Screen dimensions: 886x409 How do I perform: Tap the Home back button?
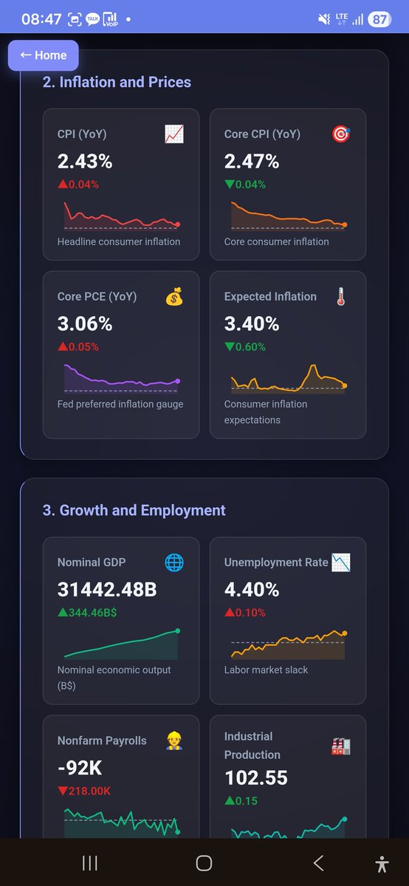43,55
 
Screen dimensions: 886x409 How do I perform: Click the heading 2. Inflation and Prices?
117,82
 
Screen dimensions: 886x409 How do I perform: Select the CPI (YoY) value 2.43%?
85,161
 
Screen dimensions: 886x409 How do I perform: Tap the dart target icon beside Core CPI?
341,134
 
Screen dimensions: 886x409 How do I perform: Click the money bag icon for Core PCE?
174,297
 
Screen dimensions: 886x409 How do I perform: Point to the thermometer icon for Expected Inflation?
340,297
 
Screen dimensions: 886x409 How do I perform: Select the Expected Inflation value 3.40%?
252,323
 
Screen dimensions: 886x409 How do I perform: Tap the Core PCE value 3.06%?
85,323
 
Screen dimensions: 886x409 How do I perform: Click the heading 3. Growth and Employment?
134,510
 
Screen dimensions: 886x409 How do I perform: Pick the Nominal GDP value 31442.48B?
106,589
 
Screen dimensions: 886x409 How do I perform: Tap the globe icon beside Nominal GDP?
174,563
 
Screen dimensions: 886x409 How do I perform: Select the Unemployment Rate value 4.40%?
252,589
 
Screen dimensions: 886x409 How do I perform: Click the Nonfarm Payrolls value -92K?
80,768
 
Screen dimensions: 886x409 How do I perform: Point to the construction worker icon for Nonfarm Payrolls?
174,741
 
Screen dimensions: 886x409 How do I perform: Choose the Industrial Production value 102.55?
256,777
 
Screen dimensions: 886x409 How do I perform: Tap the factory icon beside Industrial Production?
340,746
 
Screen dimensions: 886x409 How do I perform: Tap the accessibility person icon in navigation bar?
382,863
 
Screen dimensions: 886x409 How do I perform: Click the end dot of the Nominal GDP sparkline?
178,631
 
